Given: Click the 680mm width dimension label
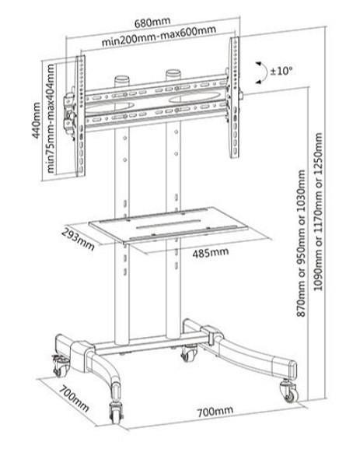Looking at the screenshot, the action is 152,22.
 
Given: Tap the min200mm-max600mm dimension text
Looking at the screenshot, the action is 159,36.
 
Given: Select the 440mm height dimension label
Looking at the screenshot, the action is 37,120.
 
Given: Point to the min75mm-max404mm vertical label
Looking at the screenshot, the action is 51,118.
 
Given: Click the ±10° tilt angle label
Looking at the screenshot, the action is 281,71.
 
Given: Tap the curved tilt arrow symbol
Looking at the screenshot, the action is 264,73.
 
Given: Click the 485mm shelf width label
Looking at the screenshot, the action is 211,252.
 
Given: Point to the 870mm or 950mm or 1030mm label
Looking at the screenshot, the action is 301,244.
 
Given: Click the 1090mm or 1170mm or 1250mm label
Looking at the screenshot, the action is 318,212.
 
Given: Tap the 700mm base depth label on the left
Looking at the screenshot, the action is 74,398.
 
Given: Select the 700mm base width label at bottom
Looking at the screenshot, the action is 215,411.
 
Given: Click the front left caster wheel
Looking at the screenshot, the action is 116,413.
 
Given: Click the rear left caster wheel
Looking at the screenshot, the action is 60,367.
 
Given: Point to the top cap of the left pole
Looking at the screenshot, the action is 122,79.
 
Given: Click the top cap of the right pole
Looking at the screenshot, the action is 173,72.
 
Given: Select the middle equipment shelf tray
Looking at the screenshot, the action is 168,224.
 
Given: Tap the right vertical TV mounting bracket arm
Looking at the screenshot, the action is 234,98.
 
